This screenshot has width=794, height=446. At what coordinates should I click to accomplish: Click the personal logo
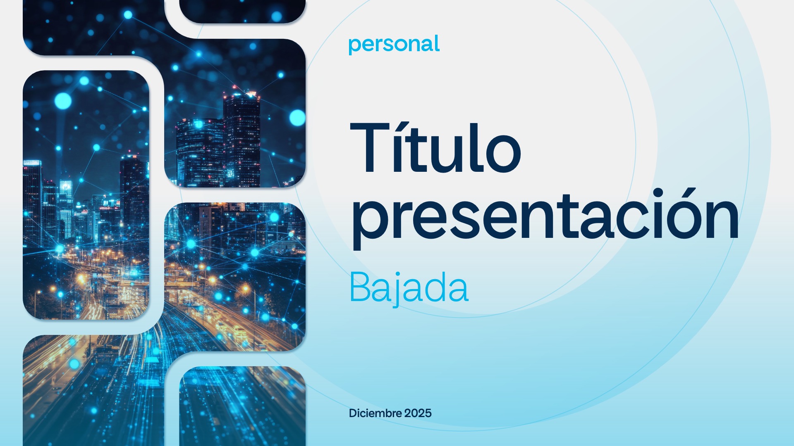coord(394,45)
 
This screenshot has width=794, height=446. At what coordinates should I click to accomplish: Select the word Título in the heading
coord(435,147)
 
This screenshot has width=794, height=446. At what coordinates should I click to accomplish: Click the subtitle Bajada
coord(409,288)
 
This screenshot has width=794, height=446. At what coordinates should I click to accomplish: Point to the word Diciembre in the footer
coord(375,413)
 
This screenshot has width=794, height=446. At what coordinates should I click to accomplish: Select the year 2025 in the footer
coord(418,413)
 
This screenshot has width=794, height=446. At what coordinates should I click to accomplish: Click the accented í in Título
coord(398,147)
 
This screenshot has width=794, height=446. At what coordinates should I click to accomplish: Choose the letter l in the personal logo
coord(437,43)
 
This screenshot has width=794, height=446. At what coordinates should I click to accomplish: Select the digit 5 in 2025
coord(428,413)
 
